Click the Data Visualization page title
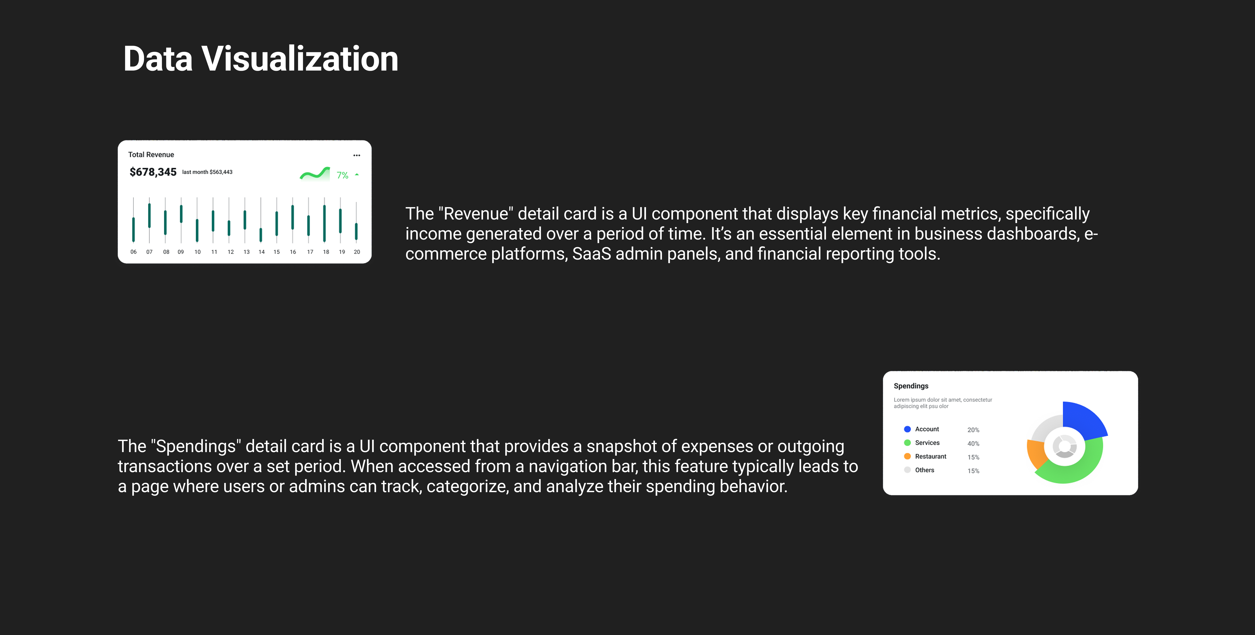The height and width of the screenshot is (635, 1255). (x=261, y=59)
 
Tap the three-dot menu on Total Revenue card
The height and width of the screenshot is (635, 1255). (x=357, y=155)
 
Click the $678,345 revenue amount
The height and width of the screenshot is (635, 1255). (x=153, y=172)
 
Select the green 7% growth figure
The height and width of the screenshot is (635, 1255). (x=343, y=175)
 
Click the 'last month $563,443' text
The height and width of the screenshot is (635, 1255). (x=207, y=172)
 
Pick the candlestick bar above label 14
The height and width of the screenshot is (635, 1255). (x=261, y=235)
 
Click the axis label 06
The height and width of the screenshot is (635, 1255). (x=134, y=252)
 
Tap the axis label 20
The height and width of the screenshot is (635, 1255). (x=357, y=252)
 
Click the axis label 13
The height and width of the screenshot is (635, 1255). (x=246, y=252)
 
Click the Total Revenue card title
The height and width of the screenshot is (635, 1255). (x=151, y=154)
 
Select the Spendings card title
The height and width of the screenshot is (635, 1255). (x=911, y=386)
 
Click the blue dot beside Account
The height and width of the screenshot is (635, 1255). (x=907, y=429)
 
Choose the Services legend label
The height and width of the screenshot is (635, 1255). (x=927, y=443)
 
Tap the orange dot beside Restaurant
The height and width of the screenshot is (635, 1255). (x=907, y=456)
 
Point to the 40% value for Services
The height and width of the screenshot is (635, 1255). (x=973, y=444)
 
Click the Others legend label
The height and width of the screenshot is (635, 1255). (x=924, y=470)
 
